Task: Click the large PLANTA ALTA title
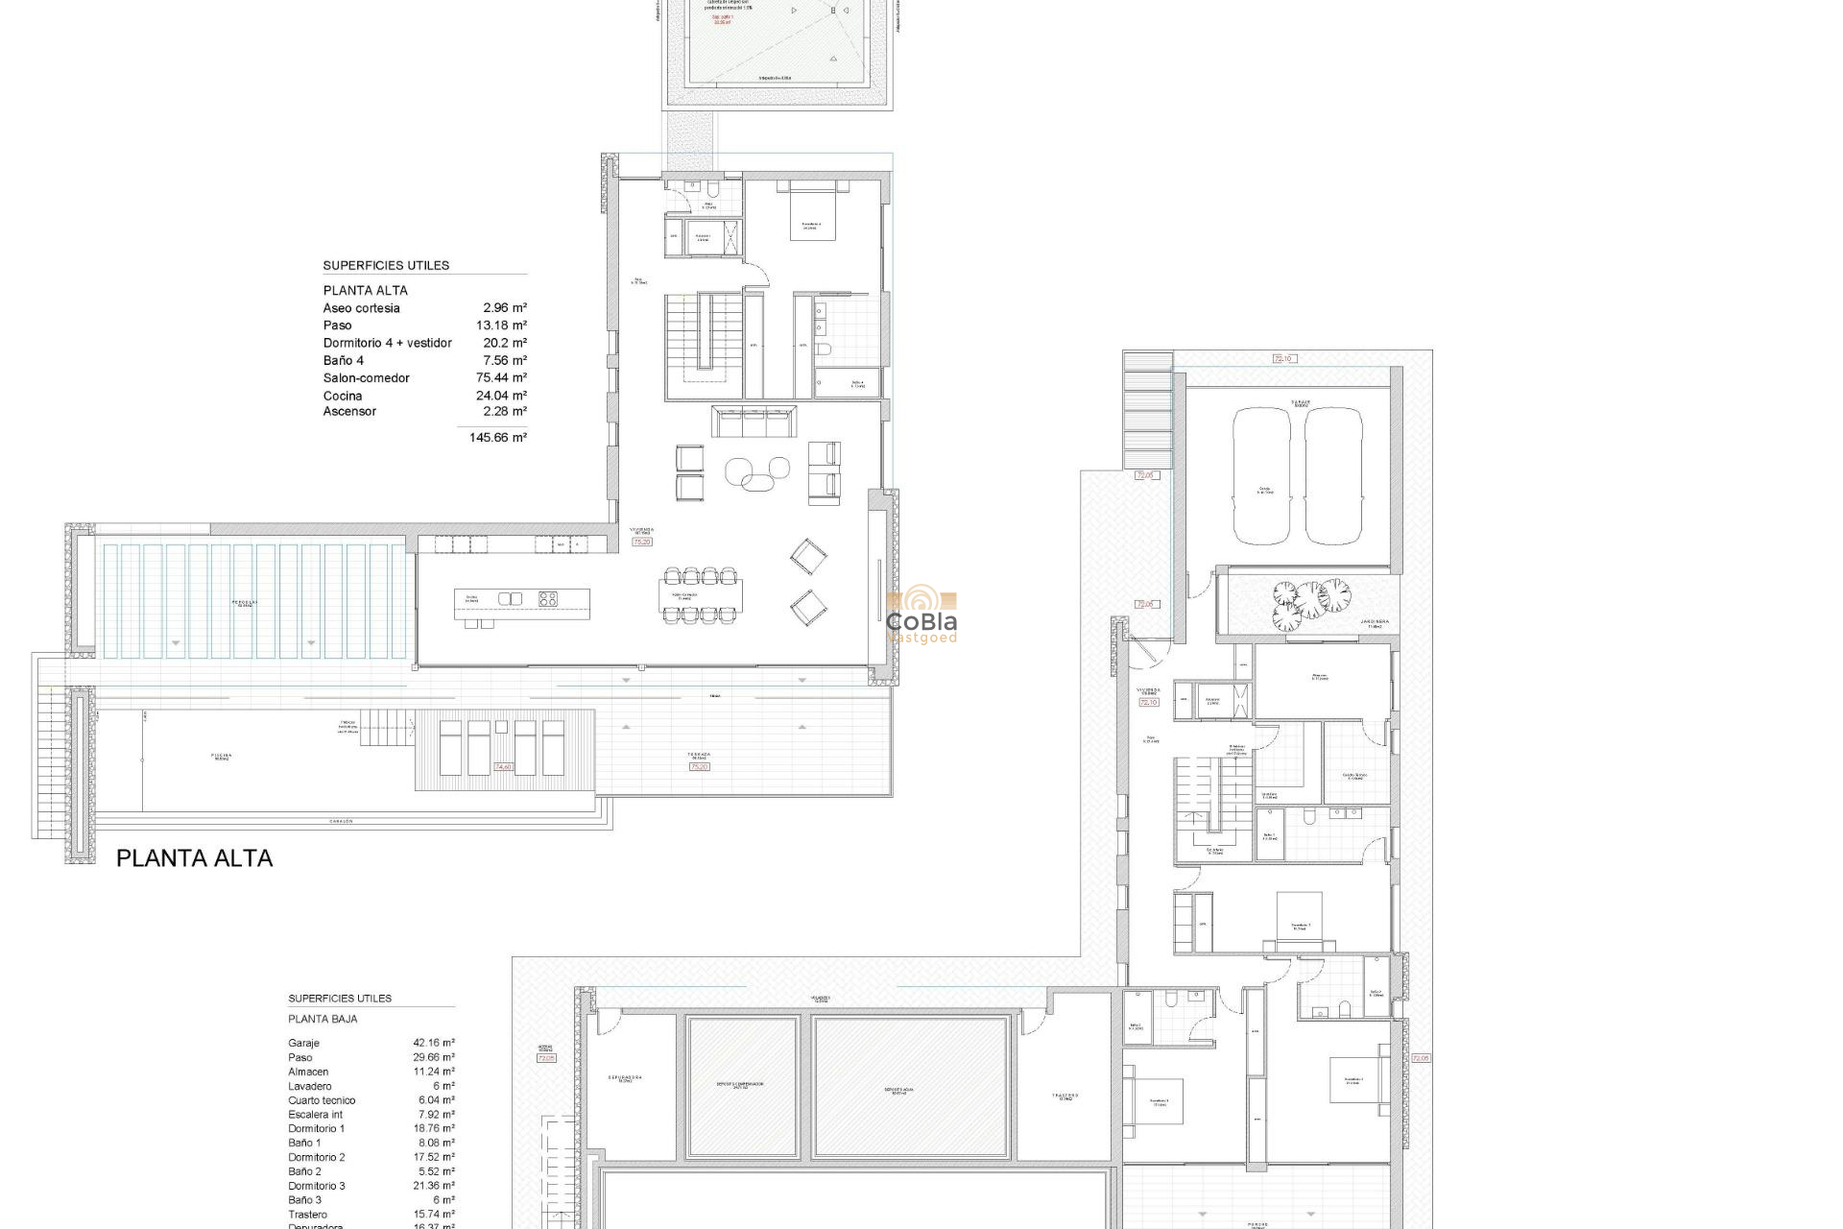pos(194,858)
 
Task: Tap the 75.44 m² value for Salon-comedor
pos(501,378)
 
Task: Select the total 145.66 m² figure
pos(497,438)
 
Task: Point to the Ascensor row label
pos(349,412)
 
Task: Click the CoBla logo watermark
pos(921,615)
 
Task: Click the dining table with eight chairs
pos(700,595)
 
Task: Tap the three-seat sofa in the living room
pos(754,422)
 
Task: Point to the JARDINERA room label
pos(1374,622)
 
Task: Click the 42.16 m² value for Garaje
pos(434,1043)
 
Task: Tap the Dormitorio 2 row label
pos(316,1158)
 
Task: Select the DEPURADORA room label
pos(625,1078)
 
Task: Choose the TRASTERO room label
pos(1065,1096)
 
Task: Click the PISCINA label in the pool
pos(222,756)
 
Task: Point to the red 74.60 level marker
pos(503,767)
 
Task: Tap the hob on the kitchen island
pos(548,599)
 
